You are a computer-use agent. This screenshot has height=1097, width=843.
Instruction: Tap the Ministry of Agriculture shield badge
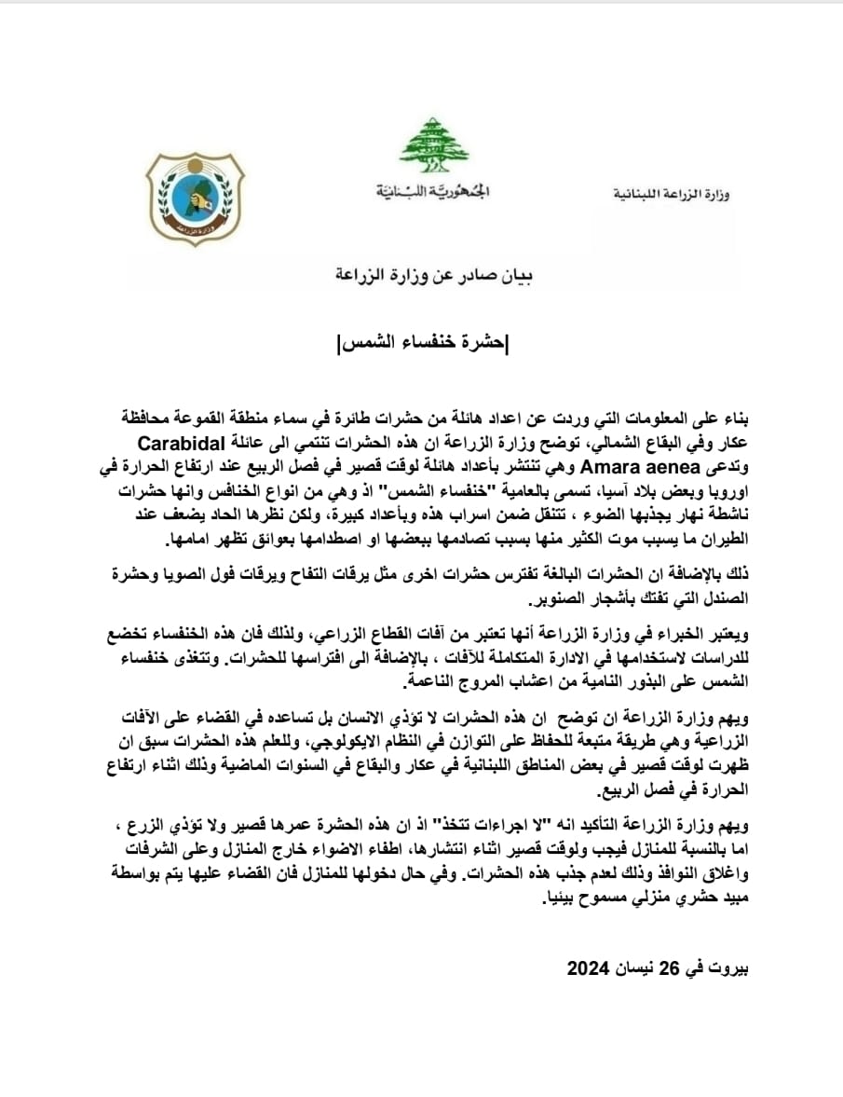pos(195,199)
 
